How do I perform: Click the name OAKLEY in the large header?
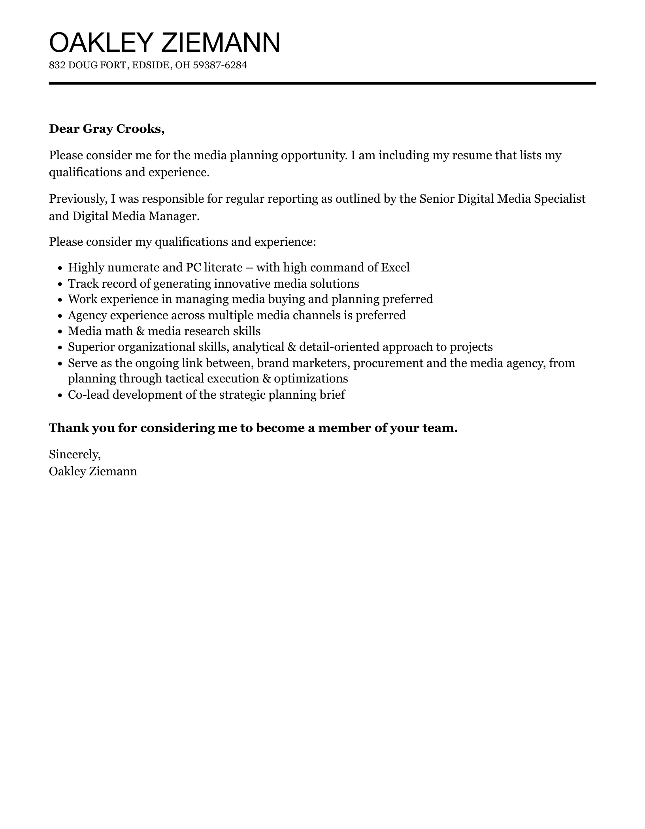coord(100,43)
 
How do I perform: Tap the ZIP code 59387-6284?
coord(220,65)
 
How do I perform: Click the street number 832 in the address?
coord(57,65)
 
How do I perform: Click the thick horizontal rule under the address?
coord(322,83)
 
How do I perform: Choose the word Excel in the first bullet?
coord(395,268)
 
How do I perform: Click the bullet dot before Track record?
coord(60,284)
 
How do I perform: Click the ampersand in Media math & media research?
coord(140,331)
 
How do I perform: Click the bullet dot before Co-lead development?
coord(60,395)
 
